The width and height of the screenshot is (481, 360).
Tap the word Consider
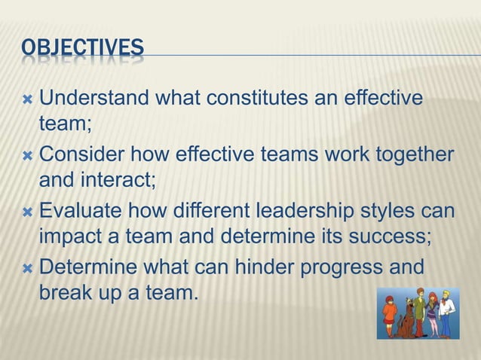80,154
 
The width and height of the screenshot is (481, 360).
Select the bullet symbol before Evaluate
27,210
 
